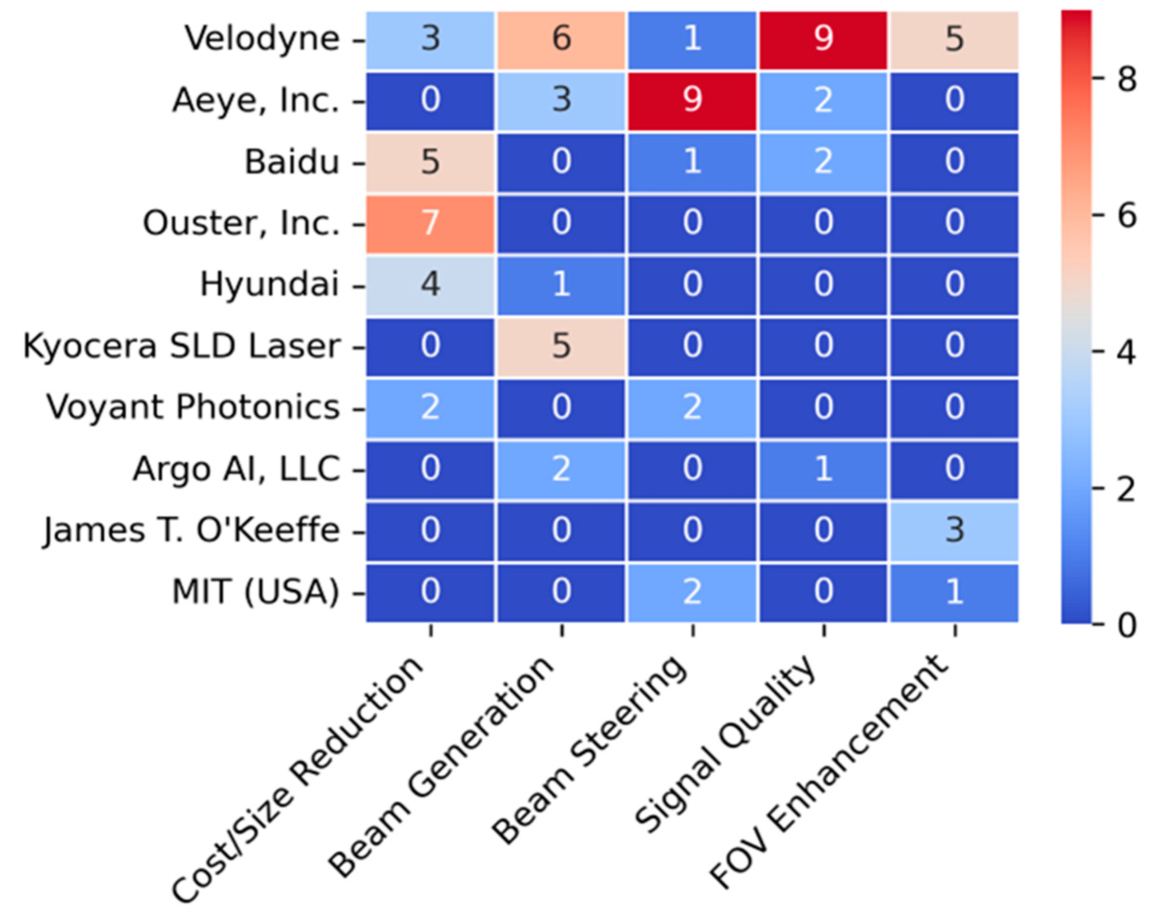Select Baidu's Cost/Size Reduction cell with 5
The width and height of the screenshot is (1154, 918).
coord(430,162)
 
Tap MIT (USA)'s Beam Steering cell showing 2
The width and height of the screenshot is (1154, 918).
coord(692,593)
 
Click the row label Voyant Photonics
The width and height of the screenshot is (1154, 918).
coord(193,408)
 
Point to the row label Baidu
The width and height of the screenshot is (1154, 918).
coord(292,162)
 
